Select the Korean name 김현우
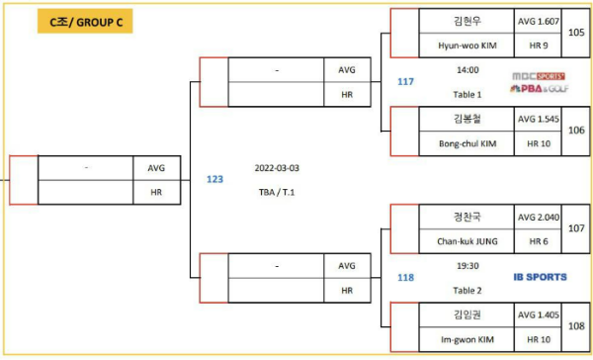(466, 21)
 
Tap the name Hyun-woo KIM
(466, 45)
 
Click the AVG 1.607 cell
(539, 21)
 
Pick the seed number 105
(576, 33)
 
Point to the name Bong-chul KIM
(466, 143)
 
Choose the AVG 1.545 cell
(539, 119)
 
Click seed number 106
(576, 131)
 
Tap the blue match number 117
(405, 81)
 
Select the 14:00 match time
(466, 70)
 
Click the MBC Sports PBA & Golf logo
(539, 81)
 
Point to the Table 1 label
(466, 95)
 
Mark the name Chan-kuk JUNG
(466, 240)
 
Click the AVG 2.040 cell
(539, 217)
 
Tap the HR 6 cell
(539, 240)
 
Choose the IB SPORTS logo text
(540, 277)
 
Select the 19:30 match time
(466, 266)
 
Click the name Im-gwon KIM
(466, 338)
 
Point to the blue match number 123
(214, 179)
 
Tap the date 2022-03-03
(277, 168)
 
